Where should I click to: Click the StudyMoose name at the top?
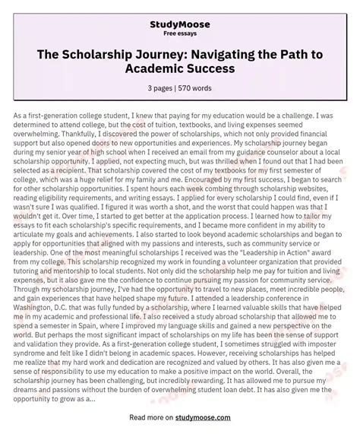(179, 24)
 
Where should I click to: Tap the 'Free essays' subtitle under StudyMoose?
(179, 35)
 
